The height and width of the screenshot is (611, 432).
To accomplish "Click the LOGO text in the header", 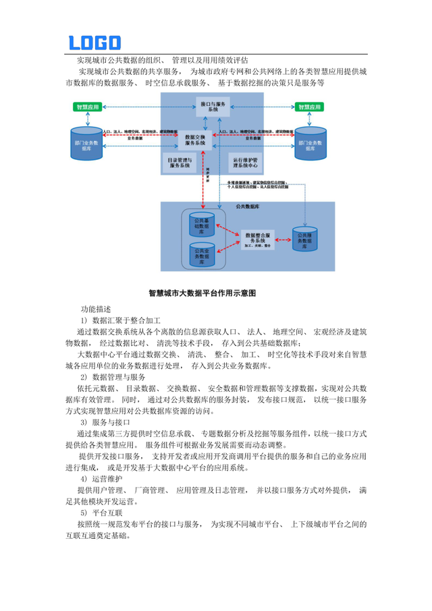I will [x=95, y=43].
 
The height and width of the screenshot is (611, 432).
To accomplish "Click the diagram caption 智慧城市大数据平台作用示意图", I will [x=213, y=293].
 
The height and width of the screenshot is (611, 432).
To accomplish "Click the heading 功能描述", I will [x=97, y=308].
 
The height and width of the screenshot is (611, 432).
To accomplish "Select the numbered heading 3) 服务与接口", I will [x=108, y=421].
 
